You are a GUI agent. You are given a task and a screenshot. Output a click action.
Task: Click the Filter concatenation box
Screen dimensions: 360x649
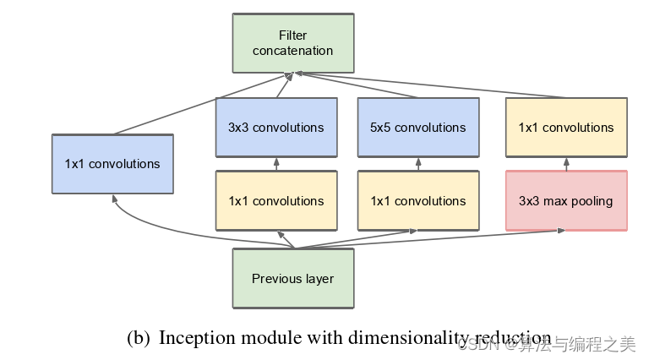click(293, 43)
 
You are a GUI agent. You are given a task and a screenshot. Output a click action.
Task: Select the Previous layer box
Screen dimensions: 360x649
click(293, 278)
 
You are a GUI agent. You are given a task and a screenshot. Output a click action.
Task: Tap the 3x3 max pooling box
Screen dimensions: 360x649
click(566, 201)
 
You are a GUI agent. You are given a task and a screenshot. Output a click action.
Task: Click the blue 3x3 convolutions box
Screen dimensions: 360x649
click(276, 128)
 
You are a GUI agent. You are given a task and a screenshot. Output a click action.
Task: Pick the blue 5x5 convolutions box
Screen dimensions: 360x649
click(418, 128)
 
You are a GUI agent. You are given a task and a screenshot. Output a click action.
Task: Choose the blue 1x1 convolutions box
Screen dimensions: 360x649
click(112, 164)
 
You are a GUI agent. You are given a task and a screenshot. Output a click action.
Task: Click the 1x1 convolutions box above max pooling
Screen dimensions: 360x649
click(566, 128)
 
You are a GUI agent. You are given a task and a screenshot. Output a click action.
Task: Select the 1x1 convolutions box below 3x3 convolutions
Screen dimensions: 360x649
click(276, 201)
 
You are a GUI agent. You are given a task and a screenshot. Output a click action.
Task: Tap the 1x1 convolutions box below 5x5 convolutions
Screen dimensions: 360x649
click(418, 201)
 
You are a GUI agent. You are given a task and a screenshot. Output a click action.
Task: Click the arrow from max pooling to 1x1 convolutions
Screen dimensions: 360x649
click(566, 164)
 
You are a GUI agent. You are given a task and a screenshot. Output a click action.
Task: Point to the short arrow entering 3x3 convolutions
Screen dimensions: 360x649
click(276, 164)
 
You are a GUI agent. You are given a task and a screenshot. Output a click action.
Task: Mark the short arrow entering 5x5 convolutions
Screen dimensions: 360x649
click(418, 164)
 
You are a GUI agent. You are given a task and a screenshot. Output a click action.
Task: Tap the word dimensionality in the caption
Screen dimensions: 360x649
click(406, 339)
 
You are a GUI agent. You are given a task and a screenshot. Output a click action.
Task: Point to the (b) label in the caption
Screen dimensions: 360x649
click(139, 339)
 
